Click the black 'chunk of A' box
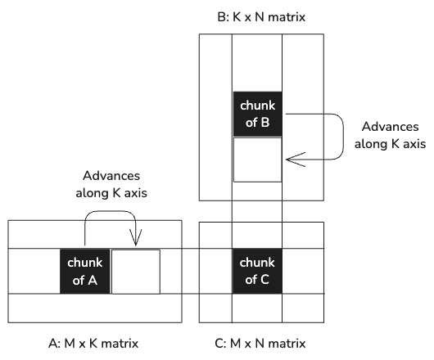85,272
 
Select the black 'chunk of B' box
258,114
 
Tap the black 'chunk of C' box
257,271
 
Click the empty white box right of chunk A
136,272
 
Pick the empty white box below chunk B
258,160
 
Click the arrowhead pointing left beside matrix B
296,160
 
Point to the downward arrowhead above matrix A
136,237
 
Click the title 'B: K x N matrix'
261,17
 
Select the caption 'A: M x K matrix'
93,344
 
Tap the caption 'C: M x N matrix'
260,344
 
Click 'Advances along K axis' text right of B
391,135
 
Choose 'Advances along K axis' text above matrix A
111,184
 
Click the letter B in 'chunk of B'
265,123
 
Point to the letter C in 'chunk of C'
264,280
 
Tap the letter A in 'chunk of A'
93,281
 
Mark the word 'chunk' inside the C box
257,263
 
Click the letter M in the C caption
235,344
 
